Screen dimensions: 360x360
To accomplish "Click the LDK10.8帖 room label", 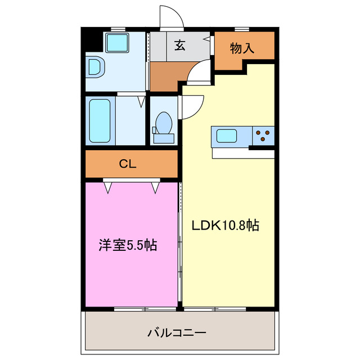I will [x=225, y=226].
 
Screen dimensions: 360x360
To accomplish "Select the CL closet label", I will [x=128, y=164].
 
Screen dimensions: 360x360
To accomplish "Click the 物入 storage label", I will [x=242, y=48].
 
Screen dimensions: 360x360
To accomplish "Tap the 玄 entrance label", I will [x=179, y=46].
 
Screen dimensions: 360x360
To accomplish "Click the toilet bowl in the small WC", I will [x=163, y=121].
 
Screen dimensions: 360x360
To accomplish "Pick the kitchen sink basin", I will [x=227, y=136].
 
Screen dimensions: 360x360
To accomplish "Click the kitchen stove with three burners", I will [x=262, y=135].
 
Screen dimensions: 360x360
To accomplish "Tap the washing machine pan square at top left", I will [x=118, y=43].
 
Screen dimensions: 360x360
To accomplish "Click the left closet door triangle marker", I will [x=107, y=187].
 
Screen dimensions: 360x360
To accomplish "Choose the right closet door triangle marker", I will [x=155, y=187].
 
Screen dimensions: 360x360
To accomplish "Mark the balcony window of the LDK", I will [x=214, y=308].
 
